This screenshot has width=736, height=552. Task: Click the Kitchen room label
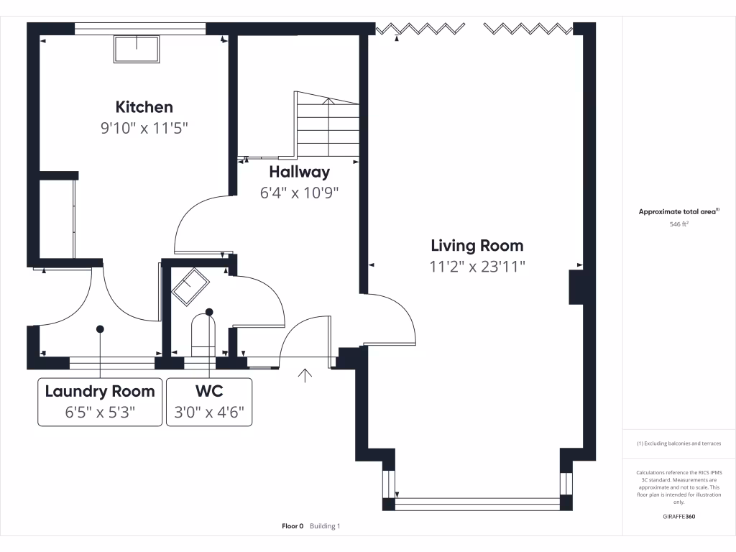[144, 107]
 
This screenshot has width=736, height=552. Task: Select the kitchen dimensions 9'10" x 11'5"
[148, 129]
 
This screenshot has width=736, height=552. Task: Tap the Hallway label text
[299, 172]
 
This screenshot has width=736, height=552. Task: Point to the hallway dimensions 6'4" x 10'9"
[299, 193]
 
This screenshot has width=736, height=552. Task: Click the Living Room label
[477, 246]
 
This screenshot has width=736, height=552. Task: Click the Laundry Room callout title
[100, 391]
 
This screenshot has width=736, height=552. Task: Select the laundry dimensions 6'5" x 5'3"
[100, 413]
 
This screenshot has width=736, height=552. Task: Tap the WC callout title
[209, 391]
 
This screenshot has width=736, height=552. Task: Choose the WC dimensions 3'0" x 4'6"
[209, 413]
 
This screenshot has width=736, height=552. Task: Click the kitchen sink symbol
[137, 50]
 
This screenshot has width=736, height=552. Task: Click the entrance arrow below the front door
[305, 375]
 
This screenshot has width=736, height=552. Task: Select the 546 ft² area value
[678, 224]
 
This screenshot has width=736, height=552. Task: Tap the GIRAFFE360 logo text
[678, 517]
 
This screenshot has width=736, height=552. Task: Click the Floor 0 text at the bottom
[293, 526]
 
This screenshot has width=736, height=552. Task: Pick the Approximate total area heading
[678, 211]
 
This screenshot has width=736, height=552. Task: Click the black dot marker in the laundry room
[100, 328]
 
